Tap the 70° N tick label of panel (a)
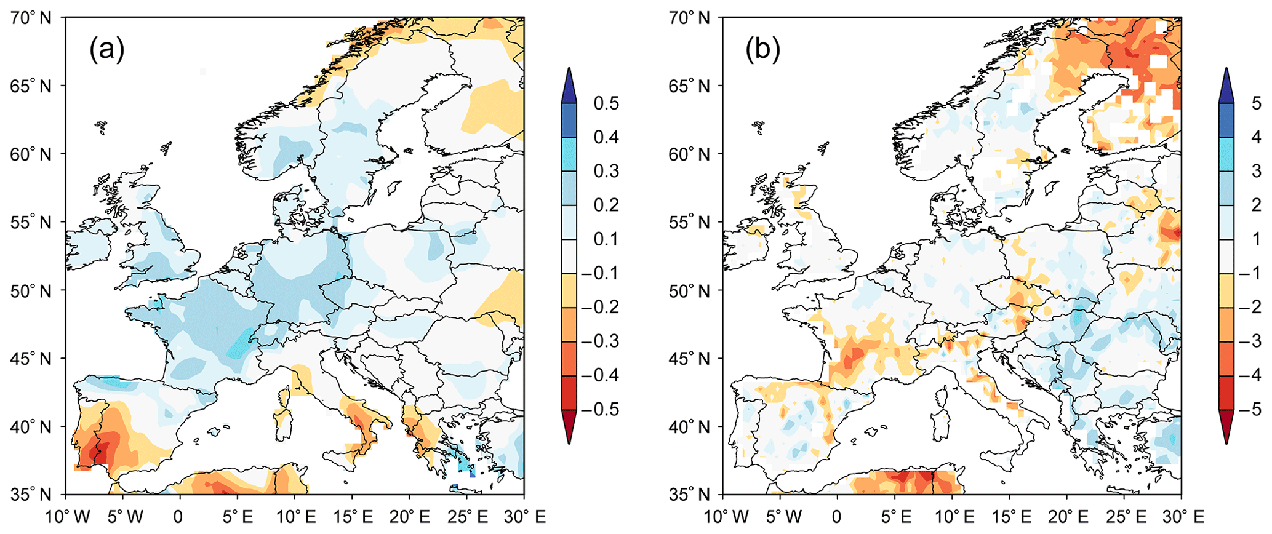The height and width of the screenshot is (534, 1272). pyautogui.click(x=31, y=18)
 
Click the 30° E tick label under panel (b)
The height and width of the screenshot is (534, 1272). pyautogui.click(x=1180, y=517)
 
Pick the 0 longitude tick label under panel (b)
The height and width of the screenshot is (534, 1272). pyautogui.click(x=837, y=517)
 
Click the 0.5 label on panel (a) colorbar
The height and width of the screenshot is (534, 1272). pyautogui.click(x=606, y=103)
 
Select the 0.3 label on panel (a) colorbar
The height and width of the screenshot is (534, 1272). pyautogui.click(x=606, y=171)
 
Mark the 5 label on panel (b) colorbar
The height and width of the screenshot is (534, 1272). pyautogui.click(x=1257, y=103)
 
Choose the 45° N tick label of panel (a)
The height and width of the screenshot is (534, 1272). pyautogui.click(x=31, y=358)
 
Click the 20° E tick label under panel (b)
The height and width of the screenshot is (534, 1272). pyautogui.click(x=1066, y=517)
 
